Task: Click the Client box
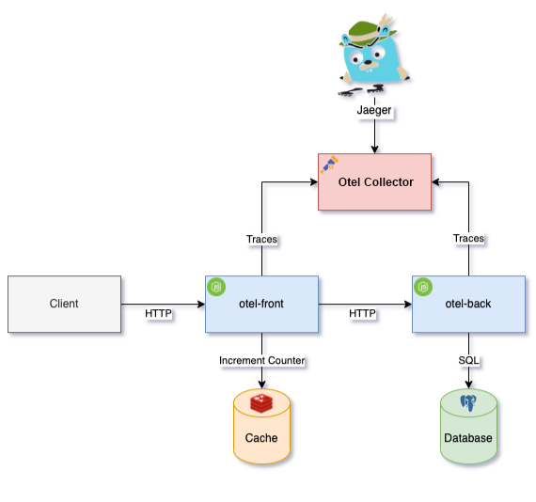[x=64, y=304]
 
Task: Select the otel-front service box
[x=261, y=304]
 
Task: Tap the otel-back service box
[x=468, y=304]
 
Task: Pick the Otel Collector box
[x=374, y=181]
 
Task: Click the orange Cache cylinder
[x=261, y=426]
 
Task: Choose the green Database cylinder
[x=468, y=426]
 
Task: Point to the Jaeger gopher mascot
[x=374, y=55]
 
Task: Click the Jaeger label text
[x=374, y=110]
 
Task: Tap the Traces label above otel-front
[x=261, y=239]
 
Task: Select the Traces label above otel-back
[x=468, y=238]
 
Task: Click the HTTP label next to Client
[x=158, y=313]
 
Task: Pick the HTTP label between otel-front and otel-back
[x=362, y=313]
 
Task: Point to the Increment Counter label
[x=261, y=360]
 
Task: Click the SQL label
[x=468, y=360]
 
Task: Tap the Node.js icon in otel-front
[x=216, y=287]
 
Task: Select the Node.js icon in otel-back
[x=423, y=287]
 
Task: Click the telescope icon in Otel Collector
[x=329, y=165]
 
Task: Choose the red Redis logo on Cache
[x=261, y=403]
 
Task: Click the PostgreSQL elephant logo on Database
[x=468, y=403]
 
